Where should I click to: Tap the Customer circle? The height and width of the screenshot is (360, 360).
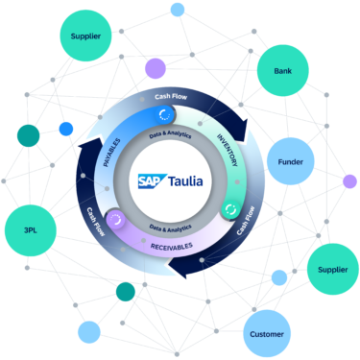[x=266, y=333]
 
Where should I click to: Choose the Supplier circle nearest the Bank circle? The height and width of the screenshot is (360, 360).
[x=86, y=37]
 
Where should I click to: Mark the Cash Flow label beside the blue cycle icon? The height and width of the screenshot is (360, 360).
[x=176, y=96]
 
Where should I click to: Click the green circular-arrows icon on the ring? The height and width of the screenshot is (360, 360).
[x=230, y=207]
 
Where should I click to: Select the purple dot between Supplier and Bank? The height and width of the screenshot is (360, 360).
[x=153, y=68]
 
